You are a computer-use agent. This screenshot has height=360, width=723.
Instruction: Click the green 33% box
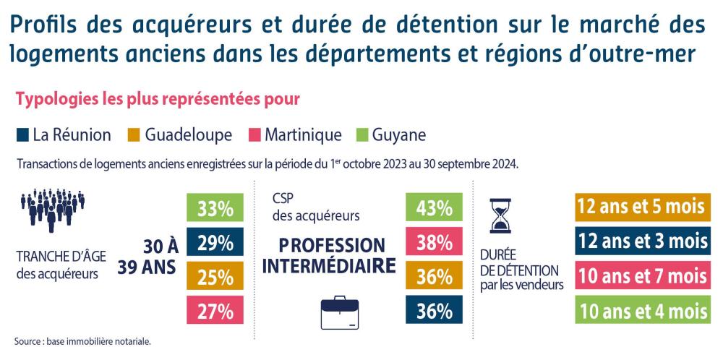(x=215, y=209)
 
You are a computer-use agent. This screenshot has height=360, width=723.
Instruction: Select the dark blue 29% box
(x=215, y=243)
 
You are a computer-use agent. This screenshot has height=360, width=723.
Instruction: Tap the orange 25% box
(x=215, y=277)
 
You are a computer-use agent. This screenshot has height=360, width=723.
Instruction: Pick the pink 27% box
(x=215, y=311)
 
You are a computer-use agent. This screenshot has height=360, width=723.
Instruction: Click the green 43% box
(x=435, y=209)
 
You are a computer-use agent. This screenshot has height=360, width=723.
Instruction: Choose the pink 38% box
(x=435, y=243)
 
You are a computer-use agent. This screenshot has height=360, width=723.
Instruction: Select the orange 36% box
(x=435, y=277)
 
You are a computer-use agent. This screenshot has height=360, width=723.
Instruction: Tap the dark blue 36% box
(x=435, y=311)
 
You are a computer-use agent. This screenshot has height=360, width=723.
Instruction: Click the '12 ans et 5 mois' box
(x=641, y=208)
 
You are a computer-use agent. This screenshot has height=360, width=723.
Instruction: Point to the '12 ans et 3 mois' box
(x=641, y=242)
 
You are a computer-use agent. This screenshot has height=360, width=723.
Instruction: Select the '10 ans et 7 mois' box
(x=641, y=276)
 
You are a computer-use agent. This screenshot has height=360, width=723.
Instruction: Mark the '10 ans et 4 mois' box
(x=641, y=311)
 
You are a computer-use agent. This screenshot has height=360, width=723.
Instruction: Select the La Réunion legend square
(x=22, y=135)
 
